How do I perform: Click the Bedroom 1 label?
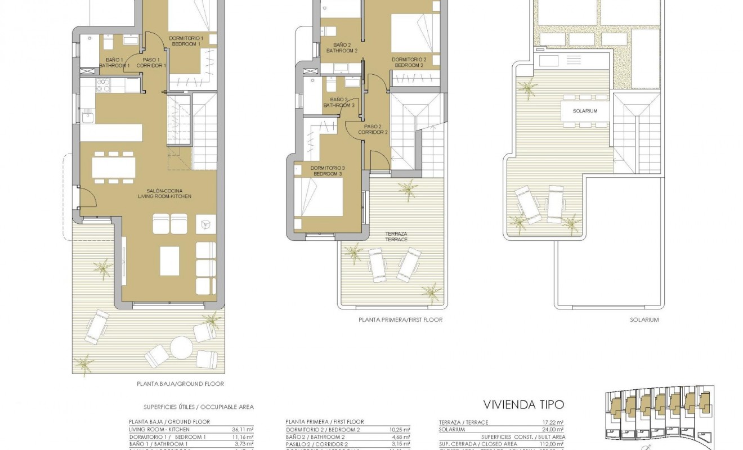pyautogui.click(x=186, y=40)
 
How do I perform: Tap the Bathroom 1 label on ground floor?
pyautogui.click(x=114, y=62)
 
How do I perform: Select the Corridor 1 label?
pyautogui.click(x=151, y=62)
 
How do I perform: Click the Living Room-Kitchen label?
pyautogui.click(x=164, y=193)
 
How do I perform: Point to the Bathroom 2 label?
pyautogui.click(x=342, y=48)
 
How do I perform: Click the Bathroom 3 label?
pyautogui.click(x=339, y=102)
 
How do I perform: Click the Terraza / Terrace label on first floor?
pyautogui.click(x=397, y=236)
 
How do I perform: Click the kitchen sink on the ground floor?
pyautogui.click(x=87, y=118)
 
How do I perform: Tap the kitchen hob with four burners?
pyautogui.click(x=104, y=85)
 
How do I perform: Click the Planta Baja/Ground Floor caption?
pyautogui.click(x=180, y=384)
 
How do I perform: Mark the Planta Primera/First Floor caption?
pyautogui.click(x=400, y=319)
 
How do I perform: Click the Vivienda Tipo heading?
pyautogui.click(x=523, y=404)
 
